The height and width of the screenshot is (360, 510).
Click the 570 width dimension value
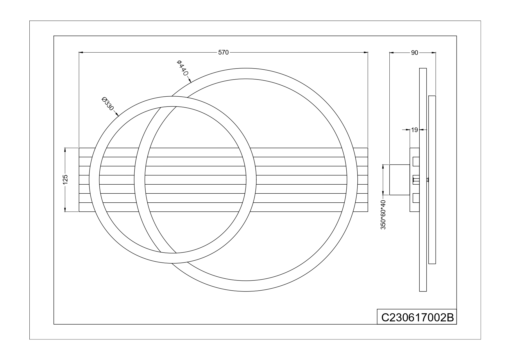[223, 53]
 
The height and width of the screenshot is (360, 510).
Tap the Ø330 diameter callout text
[107, 103]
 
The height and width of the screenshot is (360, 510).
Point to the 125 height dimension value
[65, 179]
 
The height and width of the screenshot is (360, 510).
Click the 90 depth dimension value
[415, 53]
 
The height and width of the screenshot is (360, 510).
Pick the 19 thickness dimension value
[415, 130]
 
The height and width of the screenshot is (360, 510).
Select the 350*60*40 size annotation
[383, 215]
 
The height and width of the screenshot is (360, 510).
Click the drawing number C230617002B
[417, 317]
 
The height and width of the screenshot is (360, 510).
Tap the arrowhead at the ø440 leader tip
[189, 80]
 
